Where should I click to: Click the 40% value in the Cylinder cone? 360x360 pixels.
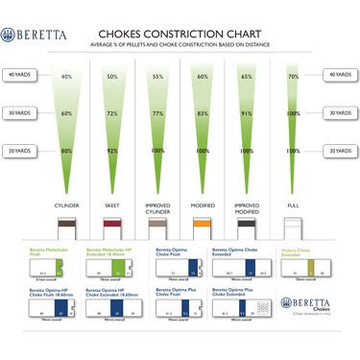click(x=67, y=76)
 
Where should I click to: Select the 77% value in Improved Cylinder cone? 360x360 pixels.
click(x=156, y=113)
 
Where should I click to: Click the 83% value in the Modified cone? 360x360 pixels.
click(x=202, y=113)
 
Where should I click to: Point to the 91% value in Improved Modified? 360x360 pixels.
click(x=247, y=113)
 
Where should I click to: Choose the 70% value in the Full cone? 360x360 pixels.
click(x=292, y=76)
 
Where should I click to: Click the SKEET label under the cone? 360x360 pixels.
click(x=111, y=204)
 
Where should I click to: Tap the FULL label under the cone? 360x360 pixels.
click(x=292, y=204)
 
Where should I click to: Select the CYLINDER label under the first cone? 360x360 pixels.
click(x=66, y=204)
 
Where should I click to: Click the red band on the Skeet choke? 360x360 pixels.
click(x=111, y=223)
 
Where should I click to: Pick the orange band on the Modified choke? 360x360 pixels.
click(x=202, y=223)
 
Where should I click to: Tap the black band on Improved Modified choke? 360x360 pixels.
click(x=247, y=223)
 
